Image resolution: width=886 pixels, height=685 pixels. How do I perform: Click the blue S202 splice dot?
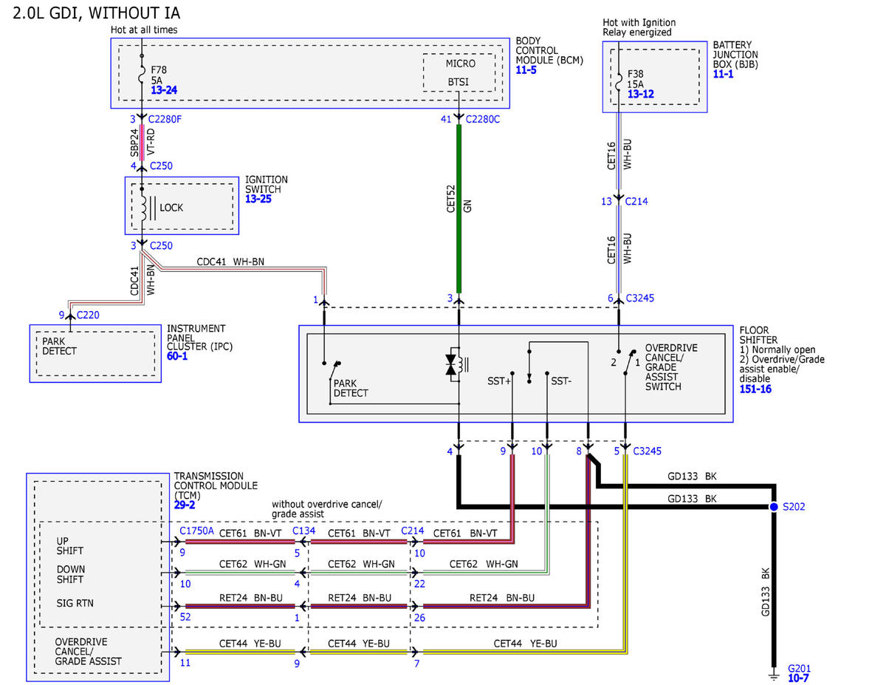point(774,507)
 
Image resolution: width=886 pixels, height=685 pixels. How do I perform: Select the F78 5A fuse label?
point(159,75)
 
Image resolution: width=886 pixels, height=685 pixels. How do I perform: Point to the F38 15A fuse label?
point(635,79)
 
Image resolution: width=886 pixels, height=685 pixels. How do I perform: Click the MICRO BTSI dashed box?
point(459,72)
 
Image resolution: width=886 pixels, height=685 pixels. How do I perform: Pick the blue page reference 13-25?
point(258,199)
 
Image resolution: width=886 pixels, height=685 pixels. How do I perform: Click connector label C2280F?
point(165,119)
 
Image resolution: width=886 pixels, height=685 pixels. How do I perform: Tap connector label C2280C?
point(482,119)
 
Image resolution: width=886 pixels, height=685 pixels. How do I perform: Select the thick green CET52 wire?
point(459,209)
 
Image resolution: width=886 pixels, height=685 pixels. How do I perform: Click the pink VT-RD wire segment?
point(142,143)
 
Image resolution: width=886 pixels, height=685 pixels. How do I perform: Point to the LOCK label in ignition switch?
point(171,208)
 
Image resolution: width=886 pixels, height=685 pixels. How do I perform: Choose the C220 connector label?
point(88,315)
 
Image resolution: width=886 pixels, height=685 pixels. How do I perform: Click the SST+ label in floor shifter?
point(498,381)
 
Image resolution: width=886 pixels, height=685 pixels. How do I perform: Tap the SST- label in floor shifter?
point(561,381)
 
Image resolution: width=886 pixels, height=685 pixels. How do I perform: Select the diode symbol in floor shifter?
point(450,364)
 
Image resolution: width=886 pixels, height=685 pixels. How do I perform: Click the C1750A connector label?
point(196,531)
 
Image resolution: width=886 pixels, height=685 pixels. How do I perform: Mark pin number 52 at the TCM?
point(185,616)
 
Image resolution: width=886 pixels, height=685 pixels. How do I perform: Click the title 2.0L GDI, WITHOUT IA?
point(96,13)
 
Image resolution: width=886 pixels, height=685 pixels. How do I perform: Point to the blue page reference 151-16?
point(755,389)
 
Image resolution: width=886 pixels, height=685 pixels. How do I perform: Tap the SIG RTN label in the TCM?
point(75,603)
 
